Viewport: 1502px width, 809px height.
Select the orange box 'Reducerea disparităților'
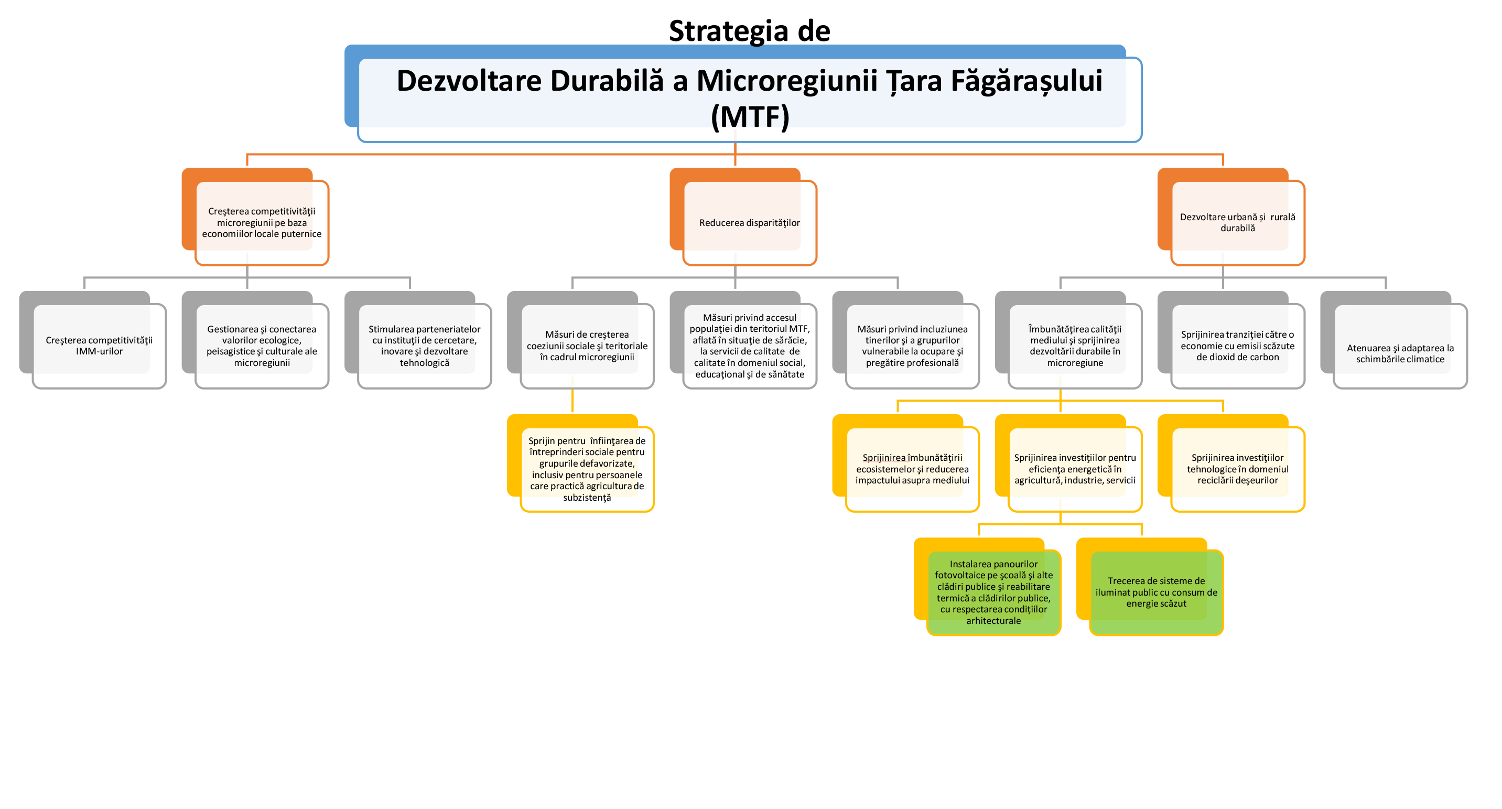click(x=749, y=223)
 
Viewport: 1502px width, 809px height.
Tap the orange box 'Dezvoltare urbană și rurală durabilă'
click(x=1237, y=223)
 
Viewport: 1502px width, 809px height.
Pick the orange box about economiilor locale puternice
click(x=262, y=223)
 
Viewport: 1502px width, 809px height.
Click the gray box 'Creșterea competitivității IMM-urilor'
click(x=99, y=346)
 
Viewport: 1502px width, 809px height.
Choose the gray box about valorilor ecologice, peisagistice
click(x=262, y=346)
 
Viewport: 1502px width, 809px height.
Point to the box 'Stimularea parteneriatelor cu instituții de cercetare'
click(x=425, y=346)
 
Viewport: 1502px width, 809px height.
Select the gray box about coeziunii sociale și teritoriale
click(x=587, y=346)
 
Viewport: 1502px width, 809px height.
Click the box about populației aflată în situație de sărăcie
click(x=749, y=346)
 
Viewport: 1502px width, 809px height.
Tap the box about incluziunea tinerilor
click(x=912, y=346)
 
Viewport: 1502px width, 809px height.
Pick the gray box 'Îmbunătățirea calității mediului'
click(x=1075, y=346)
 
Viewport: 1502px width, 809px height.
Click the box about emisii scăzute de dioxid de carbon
click(x=1237, y=346)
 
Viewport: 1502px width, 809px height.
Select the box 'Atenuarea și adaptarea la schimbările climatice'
click(x=1400, y=353)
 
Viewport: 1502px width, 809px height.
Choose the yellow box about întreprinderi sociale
click(x=587, y=469)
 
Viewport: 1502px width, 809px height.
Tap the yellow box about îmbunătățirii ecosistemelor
click(x=912, y=469)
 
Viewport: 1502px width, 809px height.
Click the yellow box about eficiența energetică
click(x=1075, y=469)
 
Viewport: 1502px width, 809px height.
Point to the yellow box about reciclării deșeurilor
click(x=1237, y=469)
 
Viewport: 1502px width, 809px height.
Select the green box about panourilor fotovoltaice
click(x=993, y=592)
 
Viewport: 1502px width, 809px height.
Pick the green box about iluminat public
click(x=1156, y=592)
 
